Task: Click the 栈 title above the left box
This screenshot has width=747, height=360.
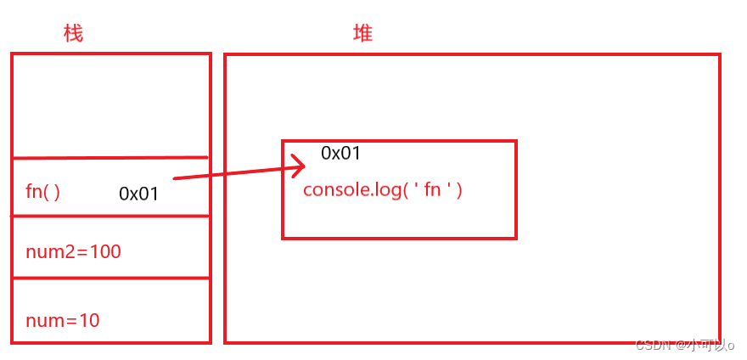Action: coord(74,34)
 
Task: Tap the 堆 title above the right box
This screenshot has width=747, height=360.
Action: coord(362,34)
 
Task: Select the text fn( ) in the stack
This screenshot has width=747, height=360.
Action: coord(42,192)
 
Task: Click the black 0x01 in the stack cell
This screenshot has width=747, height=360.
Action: coord(138,194)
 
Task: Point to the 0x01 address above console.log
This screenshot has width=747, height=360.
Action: coord(340,154)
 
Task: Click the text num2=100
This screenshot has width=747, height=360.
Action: coord(73,251)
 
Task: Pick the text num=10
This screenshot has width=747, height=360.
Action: coord(63,320)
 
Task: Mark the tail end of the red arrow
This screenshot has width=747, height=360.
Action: coord(175,178)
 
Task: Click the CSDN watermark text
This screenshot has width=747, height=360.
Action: coord(654,346)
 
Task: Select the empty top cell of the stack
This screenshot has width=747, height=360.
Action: coord(110,105)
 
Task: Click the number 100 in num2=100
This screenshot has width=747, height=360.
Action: coord(106,251)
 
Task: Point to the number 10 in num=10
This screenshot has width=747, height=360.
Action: coord(89,320)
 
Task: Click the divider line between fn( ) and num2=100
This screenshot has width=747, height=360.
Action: coord(110,217)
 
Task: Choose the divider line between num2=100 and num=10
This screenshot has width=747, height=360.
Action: coord(110,277)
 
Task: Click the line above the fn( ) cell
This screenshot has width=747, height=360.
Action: coord(110,158)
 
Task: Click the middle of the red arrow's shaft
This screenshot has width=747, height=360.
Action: coord(238,171)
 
